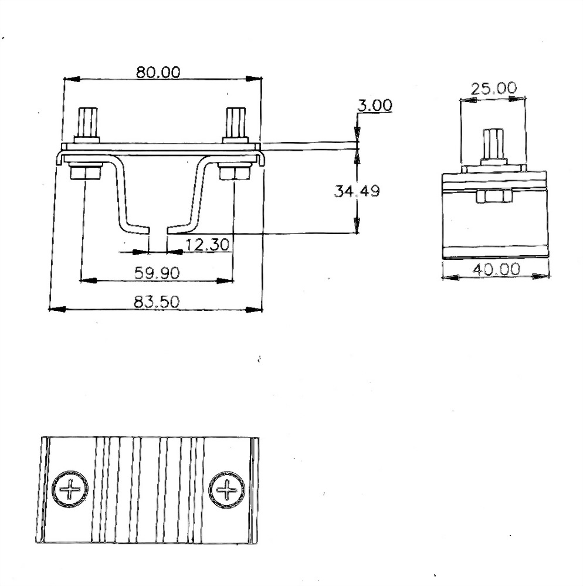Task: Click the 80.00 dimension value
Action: click(158, 72)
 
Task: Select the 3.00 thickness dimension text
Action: click(375, 106)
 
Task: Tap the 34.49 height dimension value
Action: click(357, 191)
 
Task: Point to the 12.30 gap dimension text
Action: click(208, 245)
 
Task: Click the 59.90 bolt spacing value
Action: click(157, 273)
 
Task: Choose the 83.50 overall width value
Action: click(157, 302)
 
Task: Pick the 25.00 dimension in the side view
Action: click(494, 89)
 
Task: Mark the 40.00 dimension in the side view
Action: click(496, 269)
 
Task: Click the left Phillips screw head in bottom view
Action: click(70, 490)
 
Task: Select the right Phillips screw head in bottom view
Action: click(227, 490)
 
